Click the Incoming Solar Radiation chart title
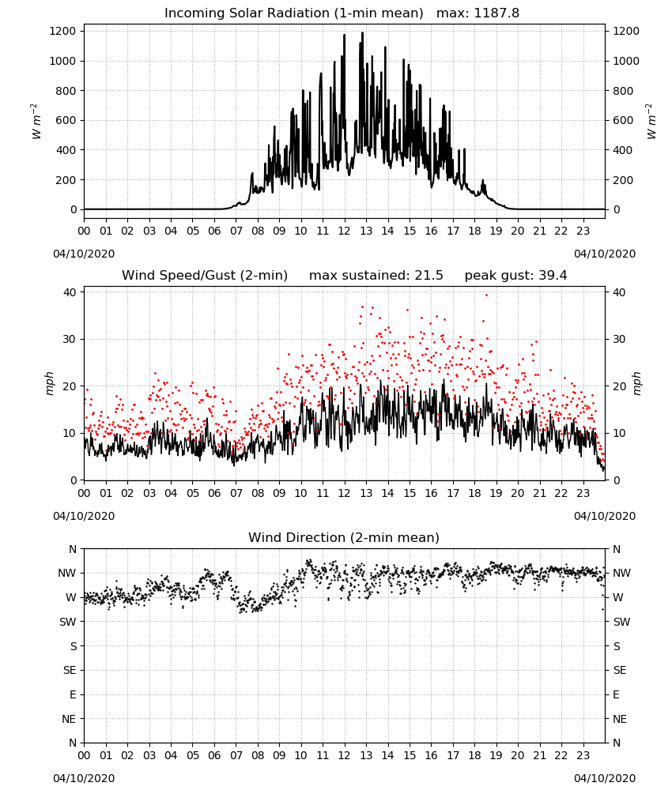point(293,13)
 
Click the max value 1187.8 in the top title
point(496,13)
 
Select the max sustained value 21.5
point(428,276)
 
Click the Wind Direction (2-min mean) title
point(344,537)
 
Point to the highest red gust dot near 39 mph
point(486,295)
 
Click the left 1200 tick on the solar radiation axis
point(62,32)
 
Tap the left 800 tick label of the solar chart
point(66,91)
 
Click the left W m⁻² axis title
point(36,121)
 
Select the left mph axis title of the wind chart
point(49,383)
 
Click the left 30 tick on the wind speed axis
point(70,339)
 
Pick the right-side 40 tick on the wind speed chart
point(619,292)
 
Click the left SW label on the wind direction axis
point(68,622)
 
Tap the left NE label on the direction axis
point(69,719)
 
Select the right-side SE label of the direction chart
point(620,670)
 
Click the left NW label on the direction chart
point(67,573)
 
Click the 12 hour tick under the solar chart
point(345,231)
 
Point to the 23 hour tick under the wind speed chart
point(583,493)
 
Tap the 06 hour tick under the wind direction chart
point(214,755)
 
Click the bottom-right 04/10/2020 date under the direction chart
point(605,778)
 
